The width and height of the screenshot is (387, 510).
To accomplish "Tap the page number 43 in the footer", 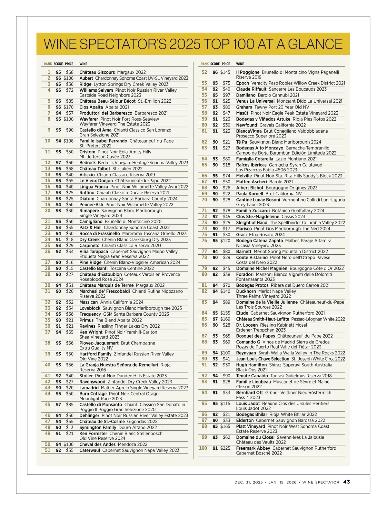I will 346,482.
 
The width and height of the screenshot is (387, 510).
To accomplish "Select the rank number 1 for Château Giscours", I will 49,72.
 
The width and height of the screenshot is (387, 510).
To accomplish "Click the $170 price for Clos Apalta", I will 68,107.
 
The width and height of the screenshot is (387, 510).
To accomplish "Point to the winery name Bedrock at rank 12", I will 87,163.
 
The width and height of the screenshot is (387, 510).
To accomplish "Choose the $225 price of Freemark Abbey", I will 225,448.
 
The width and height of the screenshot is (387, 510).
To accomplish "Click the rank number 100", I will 203,448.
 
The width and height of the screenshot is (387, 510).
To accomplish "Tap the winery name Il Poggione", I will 248,72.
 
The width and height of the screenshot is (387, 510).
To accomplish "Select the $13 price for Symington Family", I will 70,427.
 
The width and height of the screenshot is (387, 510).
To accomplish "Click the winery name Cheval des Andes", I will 97,444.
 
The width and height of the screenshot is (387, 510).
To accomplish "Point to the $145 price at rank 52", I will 225,72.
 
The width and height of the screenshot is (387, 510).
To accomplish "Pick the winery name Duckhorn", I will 246,291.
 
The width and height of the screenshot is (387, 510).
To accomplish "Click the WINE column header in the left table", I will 83,64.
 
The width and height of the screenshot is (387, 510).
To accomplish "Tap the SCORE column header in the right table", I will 215,64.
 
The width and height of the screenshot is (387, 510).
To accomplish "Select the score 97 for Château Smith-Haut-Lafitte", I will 215,319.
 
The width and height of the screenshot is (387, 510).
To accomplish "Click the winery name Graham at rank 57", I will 244,107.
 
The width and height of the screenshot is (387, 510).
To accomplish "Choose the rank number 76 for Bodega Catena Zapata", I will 204,240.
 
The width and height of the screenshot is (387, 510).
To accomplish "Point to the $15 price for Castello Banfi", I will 70,268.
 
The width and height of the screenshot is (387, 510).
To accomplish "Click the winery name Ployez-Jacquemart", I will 99,343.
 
